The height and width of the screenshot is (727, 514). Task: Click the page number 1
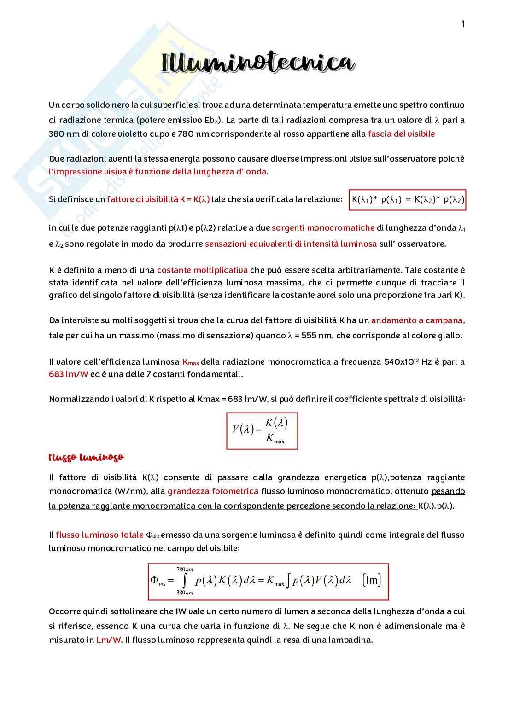(x=463, y=24)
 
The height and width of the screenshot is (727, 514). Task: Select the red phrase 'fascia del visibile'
(x=401, y=134)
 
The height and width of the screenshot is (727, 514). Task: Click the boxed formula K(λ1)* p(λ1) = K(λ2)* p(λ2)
(x=407, y=200)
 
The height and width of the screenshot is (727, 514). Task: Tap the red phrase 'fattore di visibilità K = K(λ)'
(x=158, y=199)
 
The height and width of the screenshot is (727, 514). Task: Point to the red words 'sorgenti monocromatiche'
(x=323, y=228)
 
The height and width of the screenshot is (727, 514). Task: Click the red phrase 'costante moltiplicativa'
(x=202, y=270)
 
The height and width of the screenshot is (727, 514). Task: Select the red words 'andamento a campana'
(x=417, y=320)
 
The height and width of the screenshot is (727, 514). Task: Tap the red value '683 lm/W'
(x=69, y=374)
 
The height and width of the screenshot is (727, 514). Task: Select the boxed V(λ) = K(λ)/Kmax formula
(x=262, y=430)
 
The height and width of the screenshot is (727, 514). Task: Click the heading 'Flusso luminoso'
(x=86, y=458)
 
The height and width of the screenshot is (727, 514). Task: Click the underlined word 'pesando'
(x=448, y=491)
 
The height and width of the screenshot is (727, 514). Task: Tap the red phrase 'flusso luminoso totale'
(x=99, y=535)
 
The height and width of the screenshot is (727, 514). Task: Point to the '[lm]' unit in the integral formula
(x=371, y=580)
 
